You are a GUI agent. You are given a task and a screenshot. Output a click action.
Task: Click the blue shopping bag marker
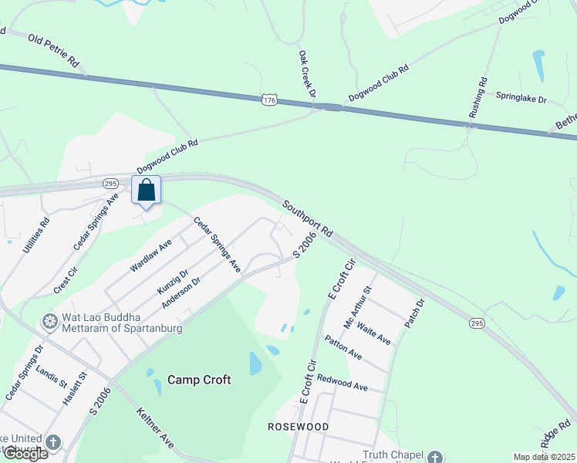pyautogui.click(x=147, y=190)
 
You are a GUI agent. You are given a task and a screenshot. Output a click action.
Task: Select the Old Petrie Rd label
pyautogui.click(x=54, y=48)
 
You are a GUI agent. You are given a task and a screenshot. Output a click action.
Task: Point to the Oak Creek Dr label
pyautogui.click(x=308, y=73)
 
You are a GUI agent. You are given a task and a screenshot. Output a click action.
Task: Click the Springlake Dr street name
pyautogui.click(x=521, y=100)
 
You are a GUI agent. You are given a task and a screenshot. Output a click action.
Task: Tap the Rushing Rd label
pyautogui.click(x=477, y=97)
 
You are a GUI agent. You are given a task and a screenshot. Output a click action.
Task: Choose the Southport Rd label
pyautogui.click(x=307, y=218)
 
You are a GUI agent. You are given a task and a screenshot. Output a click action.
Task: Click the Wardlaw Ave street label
pyautogui.click(x=150, y=255)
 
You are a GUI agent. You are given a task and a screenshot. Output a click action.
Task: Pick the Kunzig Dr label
pyautogui.click(x=173, y=282)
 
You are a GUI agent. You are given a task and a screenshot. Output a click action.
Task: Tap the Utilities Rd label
pyautogui.click(x=36, y=236)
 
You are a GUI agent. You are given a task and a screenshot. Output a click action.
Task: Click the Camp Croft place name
pyautogui.click(x=199, y=380)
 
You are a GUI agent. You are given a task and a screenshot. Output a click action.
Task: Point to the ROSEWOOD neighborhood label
pyautogui.click(x=298, y=426)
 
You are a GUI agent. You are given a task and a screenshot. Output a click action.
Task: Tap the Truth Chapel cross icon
pyautogui.click(x=436, y=457)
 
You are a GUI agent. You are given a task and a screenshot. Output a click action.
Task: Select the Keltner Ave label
pyautogui.click(x=155, y=428)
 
